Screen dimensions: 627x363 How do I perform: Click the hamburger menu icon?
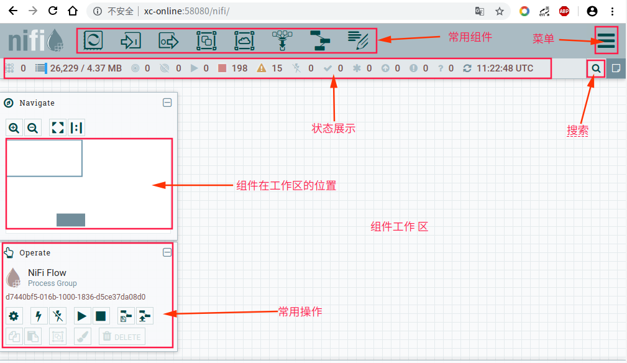click(x=606, y=40)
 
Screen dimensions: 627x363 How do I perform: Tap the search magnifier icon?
click(x=596, y=68)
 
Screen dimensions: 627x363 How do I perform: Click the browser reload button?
click(x=53, y=11)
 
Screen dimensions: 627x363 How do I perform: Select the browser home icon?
click(x=73, y=11)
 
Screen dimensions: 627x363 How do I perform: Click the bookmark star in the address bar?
click(x=499, y=11)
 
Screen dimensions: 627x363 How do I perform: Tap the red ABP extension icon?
click(x=564, y=11)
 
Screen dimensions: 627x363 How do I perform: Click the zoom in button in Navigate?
click(x=14, y=128)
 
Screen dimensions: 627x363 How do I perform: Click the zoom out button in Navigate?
click(x=33, y=128)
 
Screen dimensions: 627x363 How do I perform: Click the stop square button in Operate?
click(x=101, y=316)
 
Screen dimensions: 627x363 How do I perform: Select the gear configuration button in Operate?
click(x=14, y=316)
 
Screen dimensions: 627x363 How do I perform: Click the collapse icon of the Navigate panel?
click(x=167, y=103)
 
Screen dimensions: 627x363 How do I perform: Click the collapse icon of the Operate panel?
click(x=167, y=252)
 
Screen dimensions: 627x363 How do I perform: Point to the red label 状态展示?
click(x=333, y=129)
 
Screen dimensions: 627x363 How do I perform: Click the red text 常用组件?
click(x=470, y=37)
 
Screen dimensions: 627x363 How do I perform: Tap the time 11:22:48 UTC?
click(x=505, y=68)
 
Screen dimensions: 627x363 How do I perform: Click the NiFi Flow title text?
click(x=47, y=272)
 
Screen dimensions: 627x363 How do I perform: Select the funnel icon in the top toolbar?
click(x=282, y=40)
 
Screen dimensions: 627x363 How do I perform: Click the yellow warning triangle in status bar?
click(x=262, y=68)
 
